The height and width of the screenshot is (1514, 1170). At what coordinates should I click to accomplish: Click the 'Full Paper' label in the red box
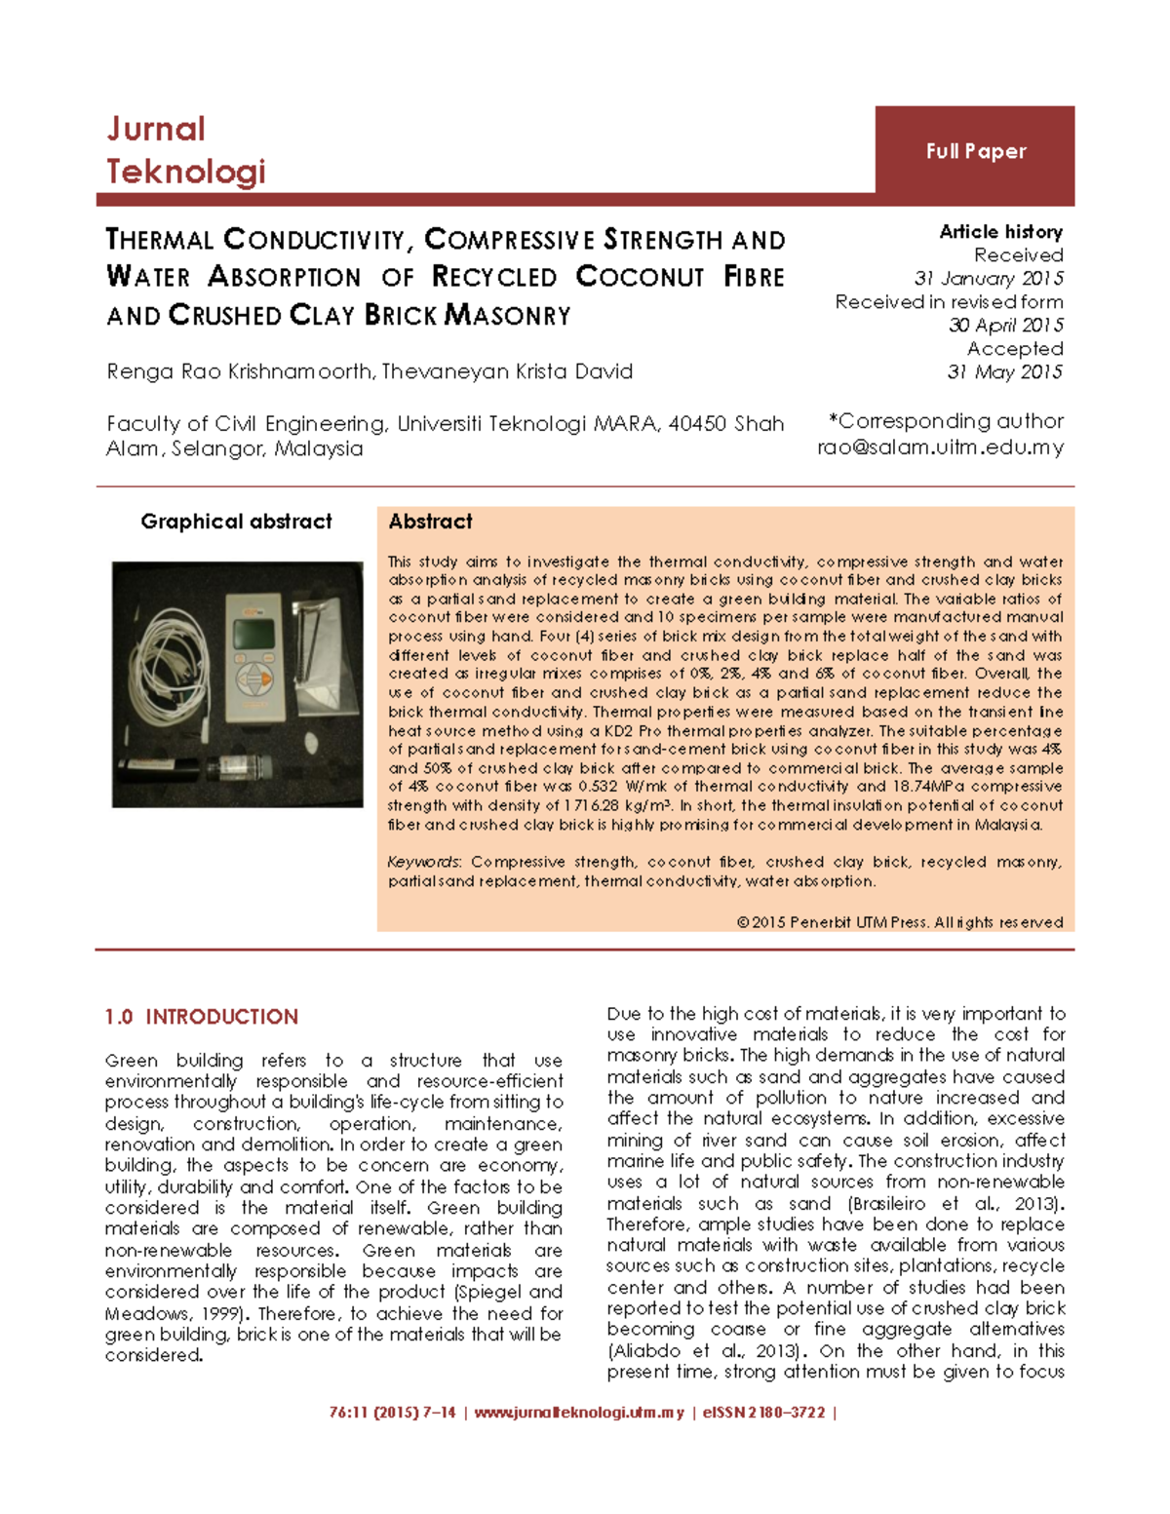[976, 151]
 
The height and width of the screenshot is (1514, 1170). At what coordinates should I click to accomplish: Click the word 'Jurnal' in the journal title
[156, 129]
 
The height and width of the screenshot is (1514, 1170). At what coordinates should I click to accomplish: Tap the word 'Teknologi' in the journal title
[185, 172]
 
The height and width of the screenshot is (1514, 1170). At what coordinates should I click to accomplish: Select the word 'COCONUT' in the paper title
[640, 277]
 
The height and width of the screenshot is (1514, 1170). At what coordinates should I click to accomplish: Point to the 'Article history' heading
[1000, 232]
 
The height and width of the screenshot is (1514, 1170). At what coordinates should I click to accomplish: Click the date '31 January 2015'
[989, 279]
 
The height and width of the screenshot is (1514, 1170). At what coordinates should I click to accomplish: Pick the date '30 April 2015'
[1005, 326]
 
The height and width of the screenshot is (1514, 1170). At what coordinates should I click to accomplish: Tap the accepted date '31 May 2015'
[1004, 372]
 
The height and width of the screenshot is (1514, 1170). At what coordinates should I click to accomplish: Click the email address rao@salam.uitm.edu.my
[940, 447]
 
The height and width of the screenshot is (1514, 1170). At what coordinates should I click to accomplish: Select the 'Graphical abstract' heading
[236, 522]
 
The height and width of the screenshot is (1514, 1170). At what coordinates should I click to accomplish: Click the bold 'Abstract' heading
[430, 522]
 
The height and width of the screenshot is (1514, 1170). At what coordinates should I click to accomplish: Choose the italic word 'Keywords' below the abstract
[424, 862]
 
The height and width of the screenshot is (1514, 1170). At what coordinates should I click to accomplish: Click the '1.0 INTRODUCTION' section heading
[202, 1017]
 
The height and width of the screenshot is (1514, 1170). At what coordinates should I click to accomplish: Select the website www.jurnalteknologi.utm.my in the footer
[579, 1413]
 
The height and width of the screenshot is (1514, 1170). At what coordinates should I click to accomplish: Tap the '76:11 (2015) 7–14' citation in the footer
[392, 1413]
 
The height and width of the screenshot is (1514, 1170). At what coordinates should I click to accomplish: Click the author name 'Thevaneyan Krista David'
[507, 371]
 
